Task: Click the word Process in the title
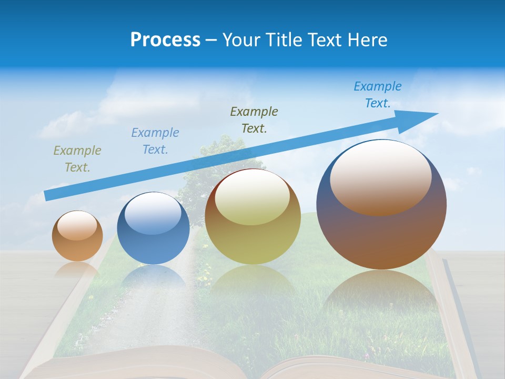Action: click(x=165, y=40)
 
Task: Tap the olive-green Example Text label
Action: click(x=77, y=159)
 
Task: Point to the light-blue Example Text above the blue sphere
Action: click(x=155, y=141)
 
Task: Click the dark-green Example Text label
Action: click(x=254, y=119)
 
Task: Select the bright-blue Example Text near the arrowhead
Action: click(x=378, y=95)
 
